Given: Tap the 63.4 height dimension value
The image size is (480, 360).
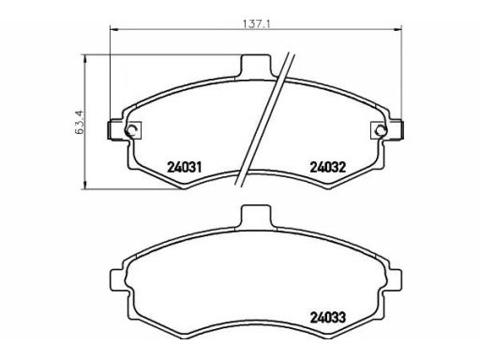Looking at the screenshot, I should click(77, 120).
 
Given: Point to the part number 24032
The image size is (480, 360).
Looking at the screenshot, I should click(328, 169).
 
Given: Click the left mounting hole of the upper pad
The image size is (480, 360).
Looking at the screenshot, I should click(130, 129).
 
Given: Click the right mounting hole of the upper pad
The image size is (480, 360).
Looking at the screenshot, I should click(381, 129).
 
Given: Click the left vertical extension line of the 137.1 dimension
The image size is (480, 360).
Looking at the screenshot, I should click(112, 75).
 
